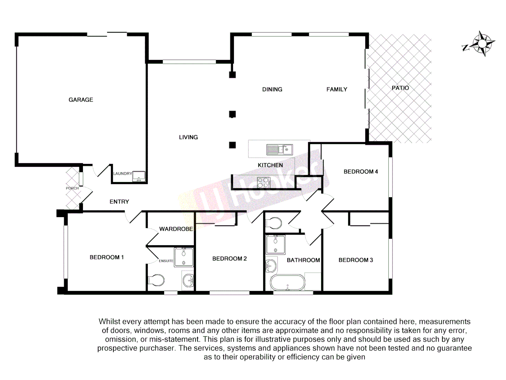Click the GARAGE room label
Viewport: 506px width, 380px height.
(x=81, y=100)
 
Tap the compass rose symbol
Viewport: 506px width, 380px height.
(x=482, y=44)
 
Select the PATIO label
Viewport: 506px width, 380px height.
(x=400, y=88)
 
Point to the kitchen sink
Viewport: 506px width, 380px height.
(x=280, y=150)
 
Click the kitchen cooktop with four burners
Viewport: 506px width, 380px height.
(x=264, y=182)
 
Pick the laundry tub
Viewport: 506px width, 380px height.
(x=139, y=176)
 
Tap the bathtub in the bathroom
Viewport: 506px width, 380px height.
(x=288, y=283)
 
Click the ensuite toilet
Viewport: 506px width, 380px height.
(x=156, y=280)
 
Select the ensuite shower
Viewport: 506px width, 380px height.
(x=184, y=257)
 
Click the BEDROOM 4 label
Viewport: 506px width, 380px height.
(x=361, y=172)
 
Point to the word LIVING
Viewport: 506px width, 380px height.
(x=188, y=137)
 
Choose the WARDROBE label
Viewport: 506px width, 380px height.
(x=176, y=229)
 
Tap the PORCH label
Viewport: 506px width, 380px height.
(x=72, y=188)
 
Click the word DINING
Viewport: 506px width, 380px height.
(x=272, y=89)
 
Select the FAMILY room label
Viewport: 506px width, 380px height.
(x=337, y=89)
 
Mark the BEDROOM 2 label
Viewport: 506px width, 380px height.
(x=229, y=259)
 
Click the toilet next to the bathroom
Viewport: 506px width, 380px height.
(x=274, y=223)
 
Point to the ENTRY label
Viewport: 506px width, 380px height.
(x=119, y=202)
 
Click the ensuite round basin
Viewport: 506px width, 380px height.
(x=188, y=280)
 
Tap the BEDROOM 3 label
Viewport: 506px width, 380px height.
(x=356, y=260)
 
